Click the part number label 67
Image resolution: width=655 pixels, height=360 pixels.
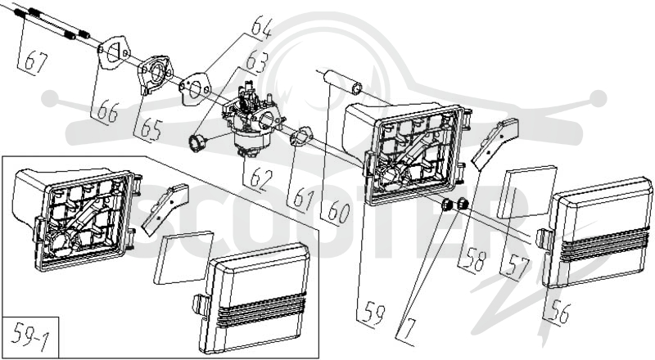tap(35, 62)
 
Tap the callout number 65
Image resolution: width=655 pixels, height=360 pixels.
tap(151, 129)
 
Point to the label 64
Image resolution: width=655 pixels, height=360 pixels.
tap(261, 28)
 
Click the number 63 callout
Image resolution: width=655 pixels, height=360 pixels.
tap(256, 63)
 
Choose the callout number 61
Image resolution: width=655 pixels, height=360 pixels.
tap(303, 198)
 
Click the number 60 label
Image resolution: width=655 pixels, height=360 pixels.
tap(338, 212)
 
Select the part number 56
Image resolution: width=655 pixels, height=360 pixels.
tap(558, 312)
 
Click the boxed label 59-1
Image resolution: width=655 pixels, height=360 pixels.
tap(29, 336)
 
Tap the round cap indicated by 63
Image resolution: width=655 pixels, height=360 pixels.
tap(198, 143)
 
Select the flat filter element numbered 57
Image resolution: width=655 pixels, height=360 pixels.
tap(526, 192)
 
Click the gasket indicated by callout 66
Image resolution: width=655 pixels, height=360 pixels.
tap(113, 52)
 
